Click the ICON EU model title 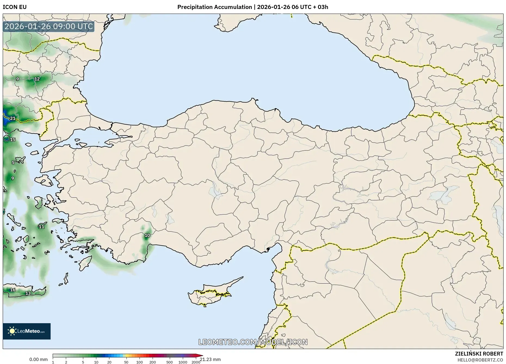15,7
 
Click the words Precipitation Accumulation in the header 214,7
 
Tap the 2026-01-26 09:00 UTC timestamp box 49,27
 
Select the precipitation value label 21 13,118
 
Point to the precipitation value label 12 37,79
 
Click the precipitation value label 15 13,140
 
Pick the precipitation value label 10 147,235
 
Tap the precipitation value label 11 41,227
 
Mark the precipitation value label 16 13,290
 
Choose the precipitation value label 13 28,293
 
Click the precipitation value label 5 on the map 13,162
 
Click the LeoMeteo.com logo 27,331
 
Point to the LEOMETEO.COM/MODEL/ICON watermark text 253,342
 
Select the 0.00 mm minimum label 38,359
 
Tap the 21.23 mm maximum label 210,359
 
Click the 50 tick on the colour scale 126,362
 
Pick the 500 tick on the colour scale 169,362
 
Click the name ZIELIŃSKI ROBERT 479,354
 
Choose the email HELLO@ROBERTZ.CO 480,360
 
